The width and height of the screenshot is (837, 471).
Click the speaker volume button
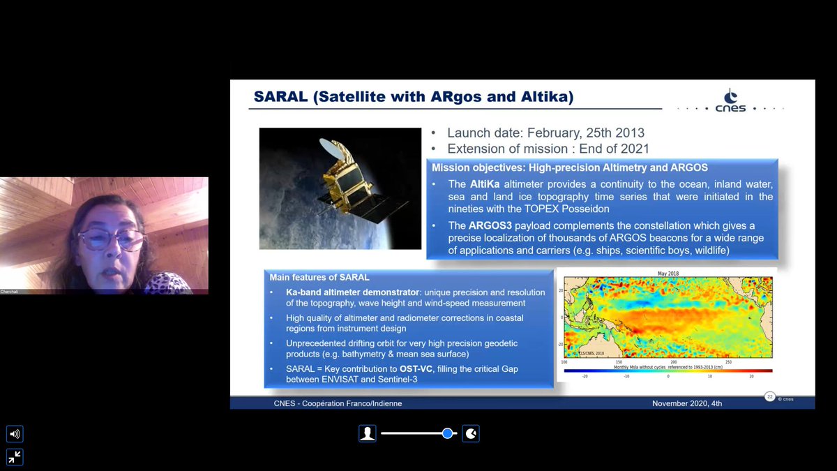coord(15,434)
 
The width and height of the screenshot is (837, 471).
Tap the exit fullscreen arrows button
coord(15,457)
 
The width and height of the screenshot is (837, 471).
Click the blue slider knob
coord(447,433)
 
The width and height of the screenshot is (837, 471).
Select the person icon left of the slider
coord(367,433)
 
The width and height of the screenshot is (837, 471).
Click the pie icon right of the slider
coord(472,433)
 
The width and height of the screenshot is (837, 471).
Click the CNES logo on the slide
coord(731,101)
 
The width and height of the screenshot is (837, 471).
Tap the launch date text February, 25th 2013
coord(585,133)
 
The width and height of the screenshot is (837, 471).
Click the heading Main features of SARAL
coord(319,278)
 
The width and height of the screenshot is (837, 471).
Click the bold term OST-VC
coord(416,368)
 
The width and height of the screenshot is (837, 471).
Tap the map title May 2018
coord(668,273)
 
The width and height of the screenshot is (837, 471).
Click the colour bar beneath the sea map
coord(668,371)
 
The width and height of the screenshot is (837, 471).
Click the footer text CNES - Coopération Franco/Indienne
coord(338,403)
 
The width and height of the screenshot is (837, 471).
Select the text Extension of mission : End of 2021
coord(548,149)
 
